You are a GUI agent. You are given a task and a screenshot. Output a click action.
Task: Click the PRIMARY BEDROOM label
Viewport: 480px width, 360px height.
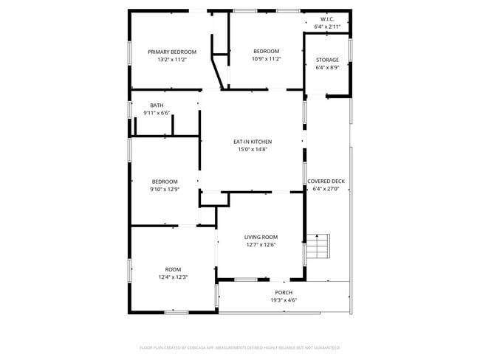172,52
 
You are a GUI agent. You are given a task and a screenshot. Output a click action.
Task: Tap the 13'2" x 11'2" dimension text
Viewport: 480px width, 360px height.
172,60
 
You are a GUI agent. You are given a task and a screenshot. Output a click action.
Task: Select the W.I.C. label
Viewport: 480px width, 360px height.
327,18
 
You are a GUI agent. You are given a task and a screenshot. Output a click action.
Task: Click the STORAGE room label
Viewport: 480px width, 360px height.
327,60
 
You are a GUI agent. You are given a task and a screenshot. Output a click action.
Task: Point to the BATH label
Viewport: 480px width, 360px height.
157,105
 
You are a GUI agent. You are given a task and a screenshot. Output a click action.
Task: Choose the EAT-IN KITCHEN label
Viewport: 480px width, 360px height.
253,142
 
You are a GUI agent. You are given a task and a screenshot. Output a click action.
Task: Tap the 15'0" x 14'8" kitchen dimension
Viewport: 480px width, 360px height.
253,149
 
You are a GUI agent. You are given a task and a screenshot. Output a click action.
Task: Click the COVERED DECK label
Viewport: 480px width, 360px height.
326,181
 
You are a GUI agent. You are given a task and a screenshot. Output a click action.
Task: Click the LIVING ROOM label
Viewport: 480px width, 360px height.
261,237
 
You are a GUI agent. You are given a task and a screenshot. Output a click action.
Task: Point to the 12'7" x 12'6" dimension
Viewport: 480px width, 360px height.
261,245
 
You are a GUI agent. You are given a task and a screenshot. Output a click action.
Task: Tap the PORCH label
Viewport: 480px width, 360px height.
284,292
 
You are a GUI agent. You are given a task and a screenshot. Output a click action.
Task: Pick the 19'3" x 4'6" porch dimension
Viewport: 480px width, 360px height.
284,300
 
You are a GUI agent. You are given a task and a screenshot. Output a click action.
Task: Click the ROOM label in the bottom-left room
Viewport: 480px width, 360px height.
173,269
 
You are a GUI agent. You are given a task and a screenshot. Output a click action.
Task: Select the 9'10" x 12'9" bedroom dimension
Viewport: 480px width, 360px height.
165,189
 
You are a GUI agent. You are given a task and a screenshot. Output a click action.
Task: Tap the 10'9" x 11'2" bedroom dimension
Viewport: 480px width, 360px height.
267,60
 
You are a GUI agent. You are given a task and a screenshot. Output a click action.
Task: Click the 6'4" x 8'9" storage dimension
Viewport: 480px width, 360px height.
327,68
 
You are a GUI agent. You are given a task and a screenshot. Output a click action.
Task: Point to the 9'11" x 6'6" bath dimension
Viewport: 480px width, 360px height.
157,113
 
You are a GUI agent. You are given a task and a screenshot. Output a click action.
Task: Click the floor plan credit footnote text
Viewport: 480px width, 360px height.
239,347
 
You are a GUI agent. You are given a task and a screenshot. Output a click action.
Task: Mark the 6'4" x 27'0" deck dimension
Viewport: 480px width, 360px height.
326,189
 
